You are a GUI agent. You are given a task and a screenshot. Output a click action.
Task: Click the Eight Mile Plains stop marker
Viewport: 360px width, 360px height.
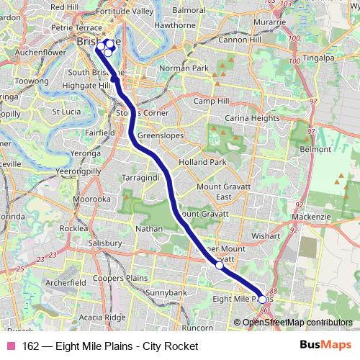tap(262, 299)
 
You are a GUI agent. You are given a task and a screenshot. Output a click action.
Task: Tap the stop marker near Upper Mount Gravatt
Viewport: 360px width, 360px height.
tap(220, 266)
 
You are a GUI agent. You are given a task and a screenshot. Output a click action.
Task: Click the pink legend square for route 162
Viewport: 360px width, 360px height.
tap(9, 346)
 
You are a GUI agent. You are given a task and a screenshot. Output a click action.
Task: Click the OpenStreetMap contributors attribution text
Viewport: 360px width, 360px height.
tap(298, 322)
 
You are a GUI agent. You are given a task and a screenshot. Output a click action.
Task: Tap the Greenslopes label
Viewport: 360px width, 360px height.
tap(160, 135)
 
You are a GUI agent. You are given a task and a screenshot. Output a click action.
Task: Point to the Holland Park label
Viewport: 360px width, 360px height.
tap(202, 163)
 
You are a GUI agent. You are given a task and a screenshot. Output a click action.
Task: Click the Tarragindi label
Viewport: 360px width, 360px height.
tap(142, 176)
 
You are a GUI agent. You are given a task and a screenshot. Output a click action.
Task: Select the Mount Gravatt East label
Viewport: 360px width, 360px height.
tap(223, 192)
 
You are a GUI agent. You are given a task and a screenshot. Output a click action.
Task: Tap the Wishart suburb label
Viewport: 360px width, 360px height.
tap(266, 235)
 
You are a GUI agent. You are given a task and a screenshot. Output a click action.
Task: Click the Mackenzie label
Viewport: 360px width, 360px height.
tap(330, 215)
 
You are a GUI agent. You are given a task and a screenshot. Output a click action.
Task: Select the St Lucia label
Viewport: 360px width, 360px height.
tap(66, 112)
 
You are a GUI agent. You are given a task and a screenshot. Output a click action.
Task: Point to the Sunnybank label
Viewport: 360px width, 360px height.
tap(166, 293)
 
